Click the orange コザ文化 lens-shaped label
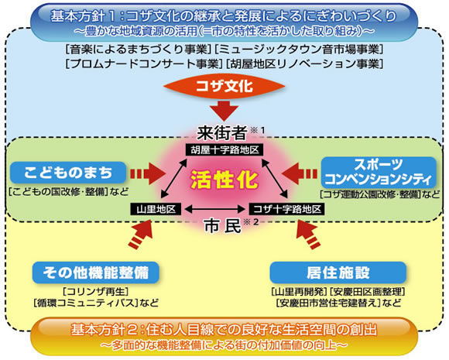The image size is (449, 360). [x=224, y=87]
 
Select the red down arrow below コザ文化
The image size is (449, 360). [x=224, y=109]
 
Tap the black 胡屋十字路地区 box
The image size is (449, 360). [x=224, y=149]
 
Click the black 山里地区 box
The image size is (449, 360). [x=156, y=209]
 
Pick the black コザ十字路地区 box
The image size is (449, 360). [x=287, y=209]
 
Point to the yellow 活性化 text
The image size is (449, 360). [x=224, y=180]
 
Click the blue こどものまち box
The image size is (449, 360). [x=68, y=173]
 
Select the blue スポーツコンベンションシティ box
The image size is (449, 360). [x=379, y=173]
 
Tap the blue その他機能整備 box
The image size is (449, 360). [x=96, y=273]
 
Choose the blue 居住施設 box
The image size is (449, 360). [x=338, y=273]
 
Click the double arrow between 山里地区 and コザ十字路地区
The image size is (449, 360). [x=215, y=209]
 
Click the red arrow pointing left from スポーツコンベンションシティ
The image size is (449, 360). [x=300, y=173]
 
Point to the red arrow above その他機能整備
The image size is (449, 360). [x=141, y=234]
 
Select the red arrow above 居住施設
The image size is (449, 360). [x=308, y=234]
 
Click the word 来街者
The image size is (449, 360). [x=222, y=133]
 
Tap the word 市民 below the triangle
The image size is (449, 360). [x=223, y=226]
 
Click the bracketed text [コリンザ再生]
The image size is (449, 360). [x=96, y=292]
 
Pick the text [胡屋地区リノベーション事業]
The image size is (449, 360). [x=304, y=63]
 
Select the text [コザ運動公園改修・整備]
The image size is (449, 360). [x=369, y=194]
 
